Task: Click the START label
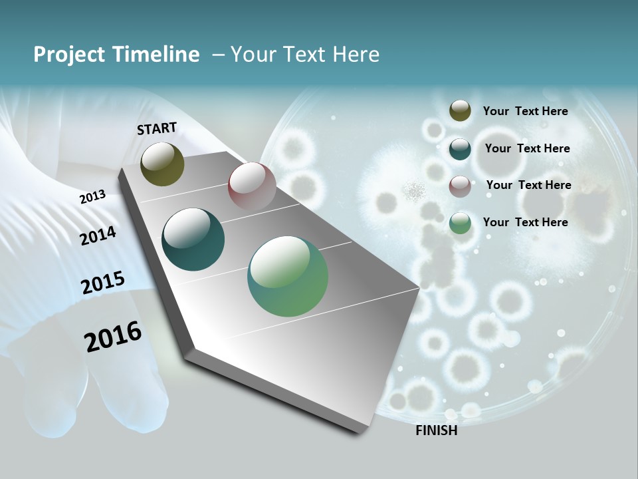(157, 128)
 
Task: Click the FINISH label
(436, 430)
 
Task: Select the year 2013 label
(92, 196)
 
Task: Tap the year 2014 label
(98, 236)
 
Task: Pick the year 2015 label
(102, 283)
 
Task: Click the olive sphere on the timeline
(162, 164)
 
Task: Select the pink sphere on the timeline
(252, 186)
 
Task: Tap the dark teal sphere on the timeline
(193, 239)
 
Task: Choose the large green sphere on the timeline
(288, 276)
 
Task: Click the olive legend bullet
(460, 110)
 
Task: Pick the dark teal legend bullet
(460, 149)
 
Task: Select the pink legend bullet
(460, 186)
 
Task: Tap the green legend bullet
(460, 223)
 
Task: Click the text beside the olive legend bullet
(525, 111)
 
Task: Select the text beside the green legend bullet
(525, 222)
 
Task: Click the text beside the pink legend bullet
(528, 185)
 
